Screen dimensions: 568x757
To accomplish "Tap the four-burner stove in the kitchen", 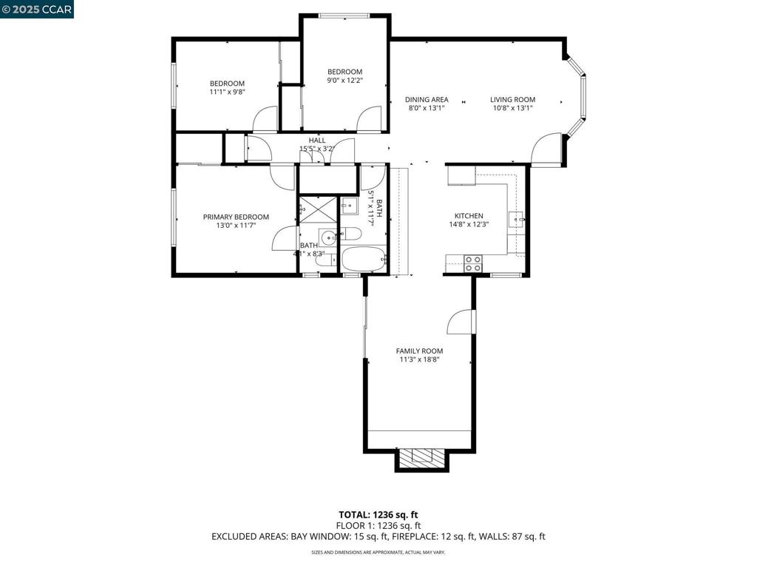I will [473, 263].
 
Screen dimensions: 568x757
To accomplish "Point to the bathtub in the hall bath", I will [363, 260].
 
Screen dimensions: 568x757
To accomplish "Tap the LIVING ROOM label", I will [512, 100].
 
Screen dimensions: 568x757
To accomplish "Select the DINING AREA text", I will [427, 100].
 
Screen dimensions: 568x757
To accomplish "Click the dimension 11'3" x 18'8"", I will [419, 360].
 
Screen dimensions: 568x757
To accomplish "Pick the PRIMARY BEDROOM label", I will [236, 217].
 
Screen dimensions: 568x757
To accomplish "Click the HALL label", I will [317, 141].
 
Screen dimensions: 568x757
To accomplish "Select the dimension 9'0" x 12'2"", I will [345, 81].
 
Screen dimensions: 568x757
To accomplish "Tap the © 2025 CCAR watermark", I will [37, 9].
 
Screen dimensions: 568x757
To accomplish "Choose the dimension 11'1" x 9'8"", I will [227, 92].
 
